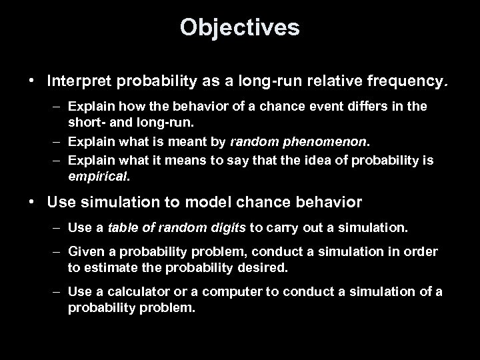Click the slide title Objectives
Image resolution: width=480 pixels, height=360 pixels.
point(239,27)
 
